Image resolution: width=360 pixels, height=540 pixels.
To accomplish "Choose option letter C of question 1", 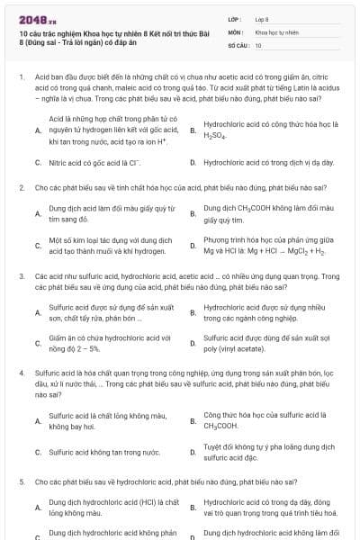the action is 38,163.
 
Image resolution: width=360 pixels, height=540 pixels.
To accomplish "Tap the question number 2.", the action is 22,187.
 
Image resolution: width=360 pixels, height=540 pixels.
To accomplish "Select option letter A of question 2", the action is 38,213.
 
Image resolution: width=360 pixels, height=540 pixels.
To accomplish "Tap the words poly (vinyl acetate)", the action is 238,347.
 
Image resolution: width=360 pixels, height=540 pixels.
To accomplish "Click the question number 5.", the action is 22,482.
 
